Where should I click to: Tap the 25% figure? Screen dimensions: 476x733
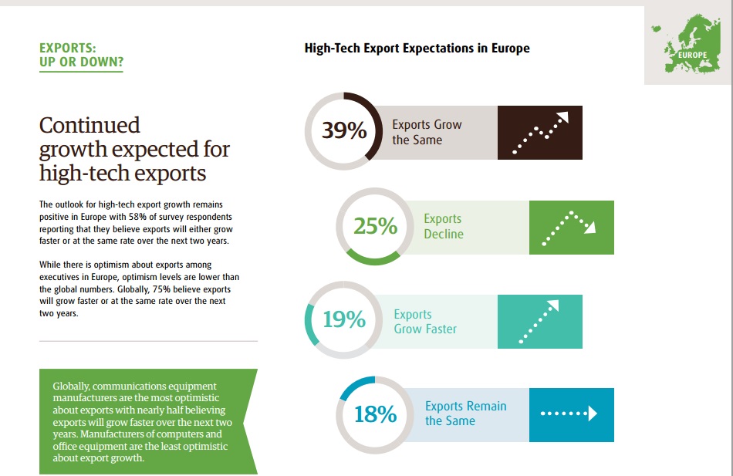pyautogui.click(x=375, y=226)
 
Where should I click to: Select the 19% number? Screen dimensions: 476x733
pyautogui.click(x=344, y=319)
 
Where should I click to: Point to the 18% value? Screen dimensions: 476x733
pyautogui.click(x=375, y=414)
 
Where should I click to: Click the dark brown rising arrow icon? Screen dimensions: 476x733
pyautogui.click(x=540, y=133)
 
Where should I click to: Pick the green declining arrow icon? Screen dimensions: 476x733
pyautogui.click(x=572, y=227)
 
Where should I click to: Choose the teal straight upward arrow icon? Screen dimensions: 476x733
pyautogui.click(x=540, y=320)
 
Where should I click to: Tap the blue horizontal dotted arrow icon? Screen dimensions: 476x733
pyautogui.click(x=572, y=414)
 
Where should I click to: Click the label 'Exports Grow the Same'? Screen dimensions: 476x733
pyautogui.click(x=427, y=132)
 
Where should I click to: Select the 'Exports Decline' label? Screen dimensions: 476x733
pyautogui.click(x=444, y=226)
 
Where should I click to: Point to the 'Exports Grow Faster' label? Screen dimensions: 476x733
pyautogui.click(x=425, y=321)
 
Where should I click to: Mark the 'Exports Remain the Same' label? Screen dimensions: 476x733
pyautogui.click(x=466, y=414)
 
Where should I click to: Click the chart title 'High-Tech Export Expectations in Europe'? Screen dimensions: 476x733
pyautogui.click(x=417, y=49)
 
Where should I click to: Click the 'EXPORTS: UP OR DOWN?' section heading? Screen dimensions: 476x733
pyautogui.click(x=81, y=55)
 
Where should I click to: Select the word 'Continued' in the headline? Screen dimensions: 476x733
pyautogui.click(x=90, y=125)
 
